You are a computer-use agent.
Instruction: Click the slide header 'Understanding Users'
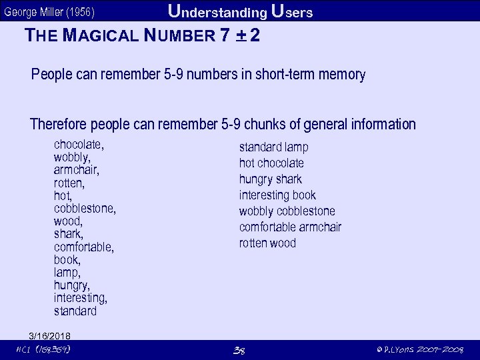click(240, 11)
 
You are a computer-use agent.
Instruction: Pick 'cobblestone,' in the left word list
click(85, 209)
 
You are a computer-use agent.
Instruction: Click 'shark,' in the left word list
click(68, 234)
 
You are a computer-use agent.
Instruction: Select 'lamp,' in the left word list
click(67, 273)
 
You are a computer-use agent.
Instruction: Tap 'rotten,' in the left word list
click(69, 183)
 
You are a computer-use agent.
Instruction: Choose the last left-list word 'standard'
click(75, 311)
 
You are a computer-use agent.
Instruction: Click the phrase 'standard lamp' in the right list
click(273, 147)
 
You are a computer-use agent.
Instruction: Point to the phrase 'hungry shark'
click(270, 179)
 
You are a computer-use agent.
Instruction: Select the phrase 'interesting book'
click(277, 195)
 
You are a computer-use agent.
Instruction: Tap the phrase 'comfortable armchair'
click(290, 227)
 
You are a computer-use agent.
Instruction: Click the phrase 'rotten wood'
click(267, 243)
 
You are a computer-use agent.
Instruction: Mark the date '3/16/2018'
click(50, 335)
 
